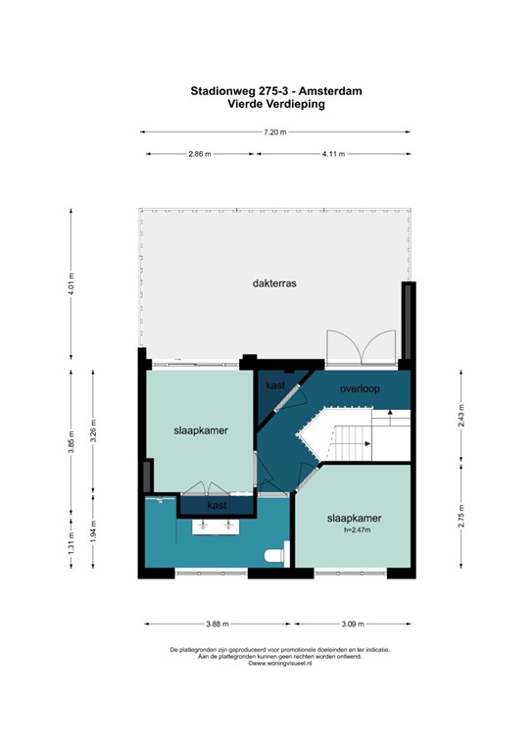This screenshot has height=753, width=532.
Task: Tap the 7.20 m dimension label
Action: [x=274, y=131]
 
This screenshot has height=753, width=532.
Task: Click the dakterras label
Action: [x=273, y=282]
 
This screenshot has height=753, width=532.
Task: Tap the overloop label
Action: [x=359, y=388]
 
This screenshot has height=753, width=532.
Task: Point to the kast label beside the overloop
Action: [x=275, y=385]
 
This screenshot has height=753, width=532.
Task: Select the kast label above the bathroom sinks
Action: [x=218, y=505]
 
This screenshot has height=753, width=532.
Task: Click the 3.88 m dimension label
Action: [x=217, y=624]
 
